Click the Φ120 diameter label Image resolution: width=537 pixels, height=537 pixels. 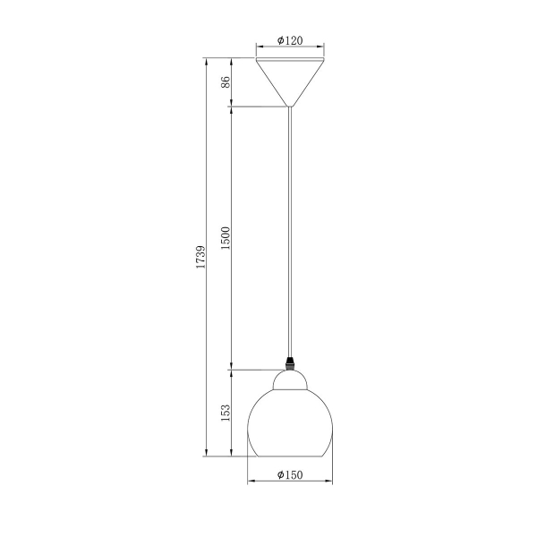(290, 40)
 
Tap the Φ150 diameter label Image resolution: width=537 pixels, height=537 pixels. (290, 474)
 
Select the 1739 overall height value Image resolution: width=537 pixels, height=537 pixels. (200, 257)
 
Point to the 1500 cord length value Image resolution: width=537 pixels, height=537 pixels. (226, 238)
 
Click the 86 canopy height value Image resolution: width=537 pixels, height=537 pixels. (226, 82)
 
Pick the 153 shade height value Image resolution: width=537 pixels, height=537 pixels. (226, 413)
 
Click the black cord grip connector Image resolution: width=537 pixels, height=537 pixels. (290, 363)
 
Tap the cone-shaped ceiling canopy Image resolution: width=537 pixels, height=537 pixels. (290, 81)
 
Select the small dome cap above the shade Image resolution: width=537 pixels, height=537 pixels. (290, 379)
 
